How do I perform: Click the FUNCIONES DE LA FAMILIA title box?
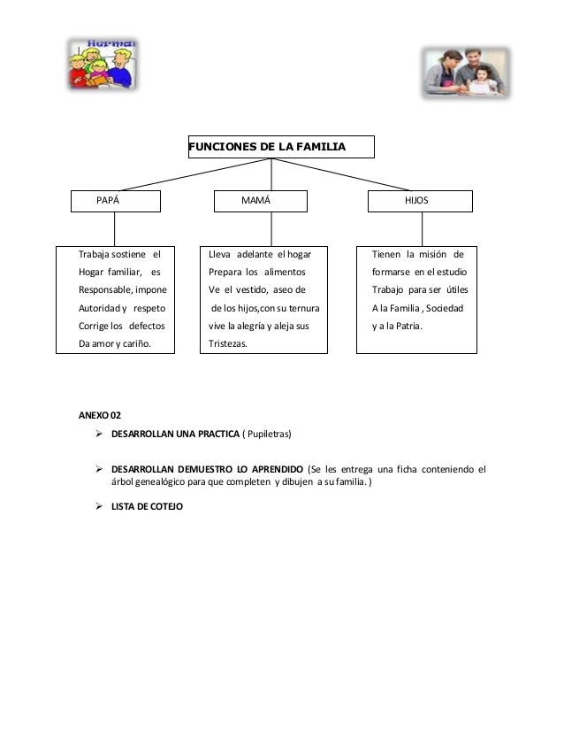[x=280, y=146]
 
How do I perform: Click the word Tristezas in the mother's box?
[x=229, y=342]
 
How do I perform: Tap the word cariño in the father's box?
[x=133, y=342]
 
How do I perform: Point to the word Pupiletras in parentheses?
[x=264, y=435]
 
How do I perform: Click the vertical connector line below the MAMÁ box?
[x=258, y=229]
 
